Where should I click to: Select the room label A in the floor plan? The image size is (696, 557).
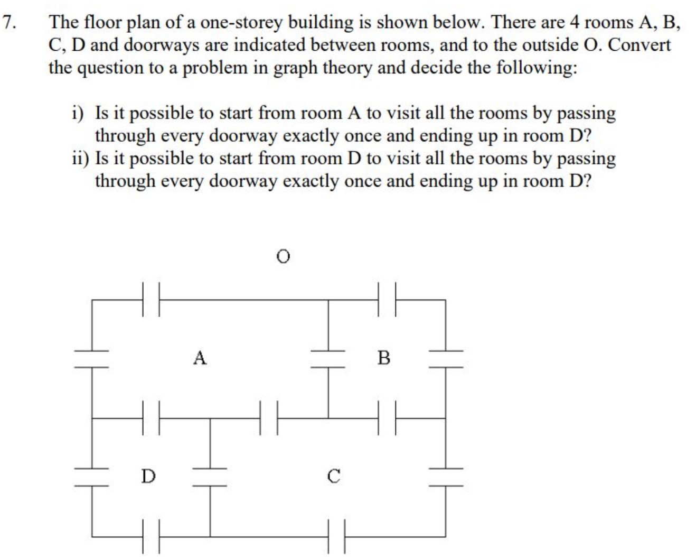point(200,358)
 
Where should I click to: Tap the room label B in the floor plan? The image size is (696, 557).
point(384,358)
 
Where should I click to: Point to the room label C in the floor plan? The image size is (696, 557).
point(333,476)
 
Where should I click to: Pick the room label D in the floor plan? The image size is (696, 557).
point(148,476)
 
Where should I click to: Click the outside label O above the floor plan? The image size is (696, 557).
point(284,257)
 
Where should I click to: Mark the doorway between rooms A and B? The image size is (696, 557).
point(328,358)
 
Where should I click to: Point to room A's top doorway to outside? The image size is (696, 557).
point(151,300)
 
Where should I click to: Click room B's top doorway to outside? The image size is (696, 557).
point(387,300)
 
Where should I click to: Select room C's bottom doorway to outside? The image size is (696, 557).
point(336,537)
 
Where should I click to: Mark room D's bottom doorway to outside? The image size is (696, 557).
point(151,537)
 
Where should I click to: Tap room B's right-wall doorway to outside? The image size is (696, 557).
point(445,358)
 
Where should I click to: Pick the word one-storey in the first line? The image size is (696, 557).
point(239,22)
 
